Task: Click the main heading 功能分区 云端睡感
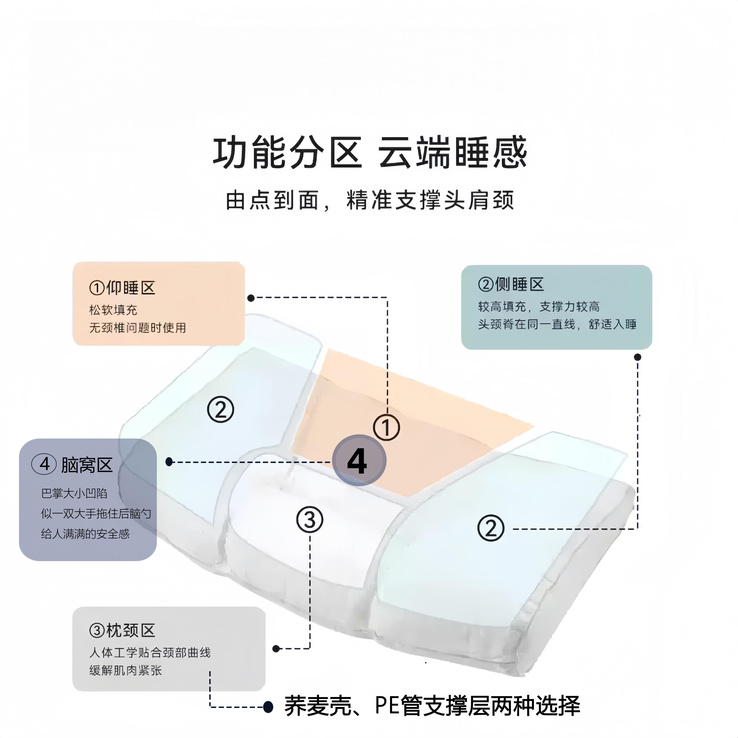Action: [x=370, y=153]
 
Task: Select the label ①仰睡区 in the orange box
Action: [x=122, y=288]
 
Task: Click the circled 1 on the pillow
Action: [x=386, y=427]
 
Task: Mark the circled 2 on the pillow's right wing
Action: [x=491, y=528]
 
